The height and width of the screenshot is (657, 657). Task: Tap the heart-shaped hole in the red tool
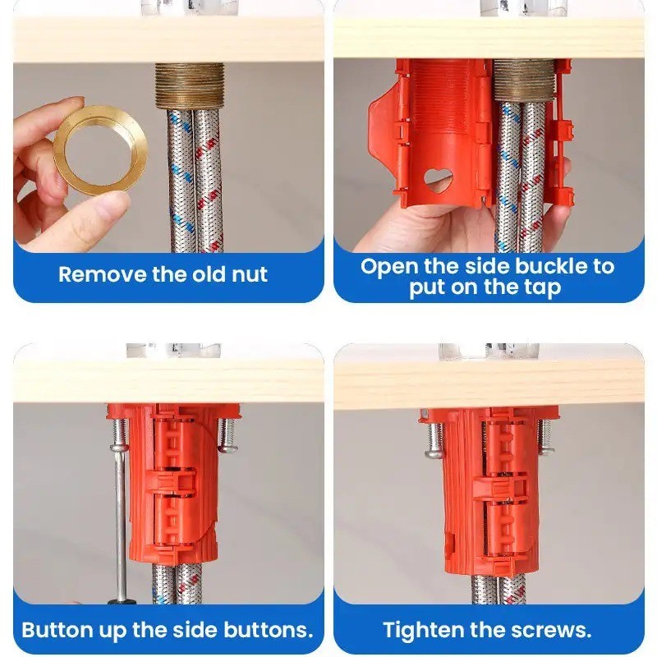point(439,179)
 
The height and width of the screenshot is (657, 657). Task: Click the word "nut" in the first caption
point(250,275)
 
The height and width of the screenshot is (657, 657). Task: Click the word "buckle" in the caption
point(551,266)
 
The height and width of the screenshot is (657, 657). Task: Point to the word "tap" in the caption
point(543,289)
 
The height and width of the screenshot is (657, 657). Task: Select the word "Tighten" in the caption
point(423,630)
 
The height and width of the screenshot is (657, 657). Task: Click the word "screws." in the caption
point(553,630)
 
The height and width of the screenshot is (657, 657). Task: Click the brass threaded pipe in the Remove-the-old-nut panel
point(190,86)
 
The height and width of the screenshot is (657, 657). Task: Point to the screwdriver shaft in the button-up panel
point(121,523)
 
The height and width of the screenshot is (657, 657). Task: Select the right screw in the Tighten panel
point(545,436)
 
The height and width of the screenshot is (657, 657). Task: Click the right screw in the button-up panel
point(227,435)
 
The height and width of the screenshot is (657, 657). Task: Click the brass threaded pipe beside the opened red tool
point(524,80)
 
